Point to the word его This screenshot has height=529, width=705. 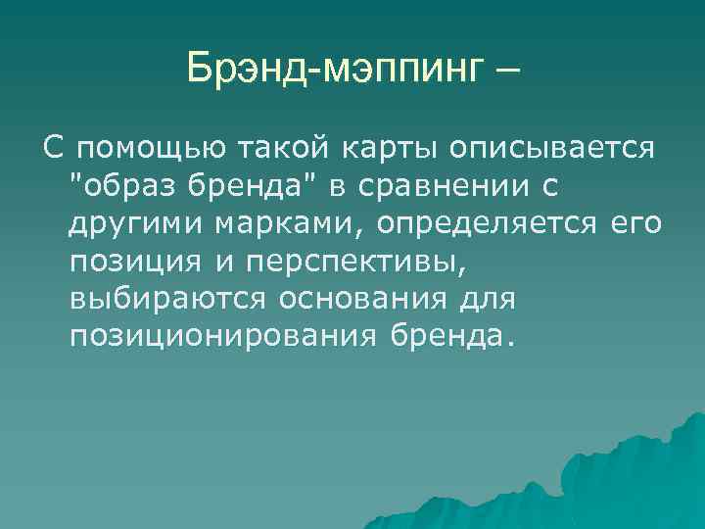635,224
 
